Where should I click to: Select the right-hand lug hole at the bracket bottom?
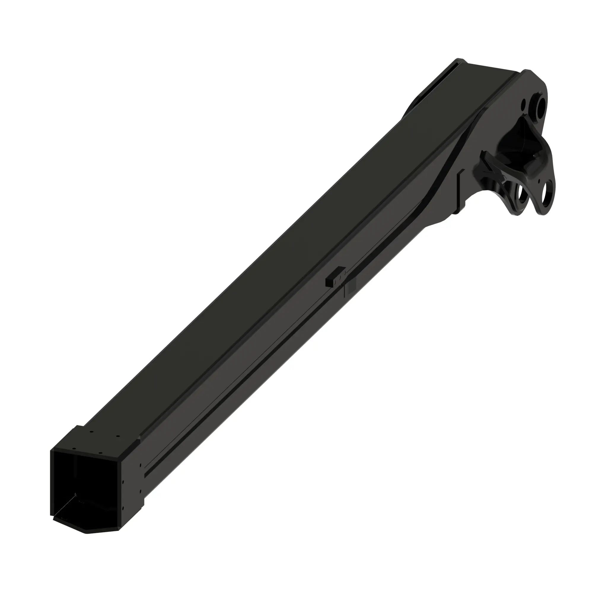tap(547, 195)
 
